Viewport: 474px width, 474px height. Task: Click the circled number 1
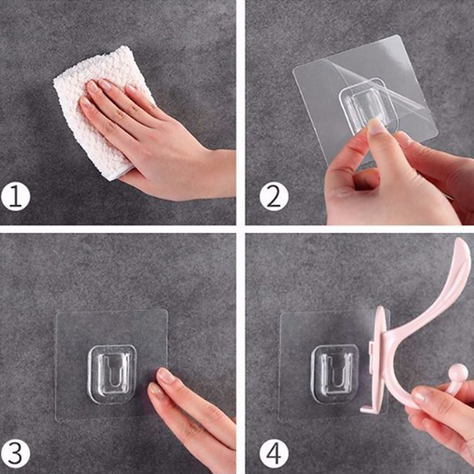point(15,198)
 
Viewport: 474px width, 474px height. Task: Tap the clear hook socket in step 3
point(112,375)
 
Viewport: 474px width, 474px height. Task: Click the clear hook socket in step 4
point(335,374)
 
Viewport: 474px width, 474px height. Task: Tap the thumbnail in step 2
point(377,126)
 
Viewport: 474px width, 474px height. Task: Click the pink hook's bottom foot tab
point(367,409)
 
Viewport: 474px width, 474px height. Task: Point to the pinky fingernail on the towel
point(85,103)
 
